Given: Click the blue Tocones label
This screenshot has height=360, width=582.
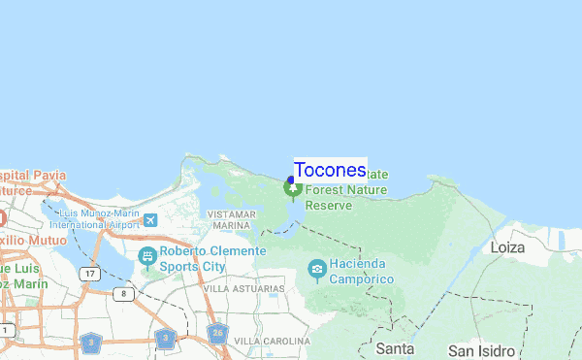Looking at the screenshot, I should pos(330,170).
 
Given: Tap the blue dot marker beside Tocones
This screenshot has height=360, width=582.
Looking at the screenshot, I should pos(291,180).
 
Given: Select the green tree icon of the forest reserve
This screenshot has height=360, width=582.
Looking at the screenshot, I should pos(292,189).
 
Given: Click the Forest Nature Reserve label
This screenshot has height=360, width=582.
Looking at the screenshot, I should pos(346,197).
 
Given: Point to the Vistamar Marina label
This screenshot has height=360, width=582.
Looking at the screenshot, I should pos(230,218).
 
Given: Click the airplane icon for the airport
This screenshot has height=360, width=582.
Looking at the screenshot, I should pos(150,219).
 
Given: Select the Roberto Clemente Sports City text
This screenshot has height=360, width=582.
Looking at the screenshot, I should pos(213,258).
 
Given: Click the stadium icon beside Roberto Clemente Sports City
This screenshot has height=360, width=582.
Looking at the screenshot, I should pos(147,257).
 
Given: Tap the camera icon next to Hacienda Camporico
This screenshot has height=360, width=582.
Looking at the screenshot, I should pos(316,268).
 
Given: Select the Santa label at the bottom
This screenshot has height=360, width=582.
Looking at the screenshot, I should pos(395,348).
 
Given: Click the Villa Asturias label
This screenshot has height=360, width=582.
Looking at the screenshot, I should pos(243,288).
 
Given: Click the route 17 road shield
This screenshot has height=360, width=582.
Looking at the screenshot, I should pos(90,275).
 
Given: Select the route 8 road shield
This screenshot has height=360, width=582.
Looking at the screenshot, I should pos(121,293).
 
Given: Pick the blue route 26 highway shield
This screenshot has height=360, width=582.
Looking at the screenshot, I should pos(218,333).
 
